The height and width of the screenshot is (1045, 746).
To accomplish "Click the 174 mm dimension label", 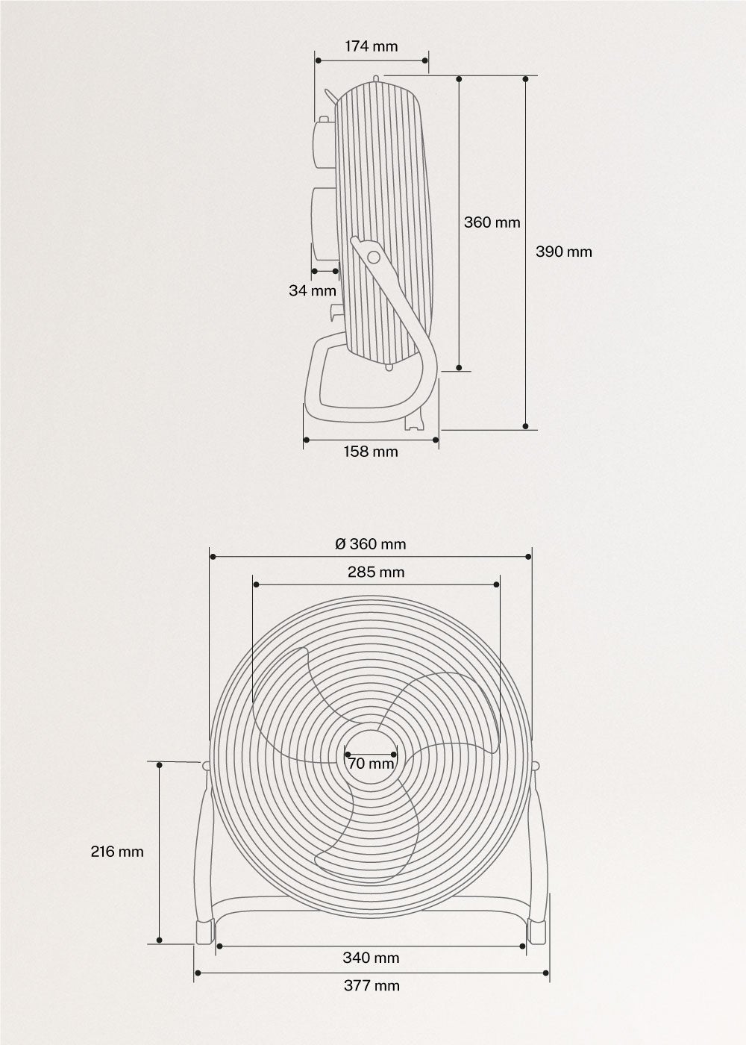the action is [x=372, y=46].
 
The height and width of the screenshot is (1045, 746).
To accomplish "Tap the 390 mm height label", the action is [x=564, y=252].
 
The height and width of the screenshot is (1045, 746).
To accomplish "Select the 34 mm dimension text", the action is [x=313, y=290].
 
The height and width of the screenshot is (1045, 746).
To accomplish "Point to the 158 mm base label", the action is [x=372, y=452].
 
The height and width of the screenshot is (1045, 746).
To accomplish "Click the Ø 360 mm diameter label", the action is [x=371, y=544].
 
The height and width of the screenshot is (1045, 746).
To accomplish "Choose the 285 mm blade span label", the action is [x=376, y=572].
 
